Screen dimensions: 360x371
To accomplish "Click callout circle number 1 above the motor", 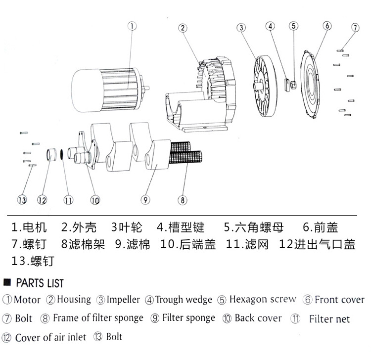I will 132,27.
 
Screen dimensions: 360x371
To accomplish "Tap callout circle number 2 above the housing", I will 183,28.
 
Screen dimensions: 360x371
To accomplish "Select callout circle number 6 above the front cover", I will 326,26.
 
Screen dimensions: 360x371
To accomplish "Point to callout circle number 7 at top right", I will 355,27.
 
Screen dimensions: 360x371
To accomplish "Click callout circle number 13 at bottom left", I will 21,200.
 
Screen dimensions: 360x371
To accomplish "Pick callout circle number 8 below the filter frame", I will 183,200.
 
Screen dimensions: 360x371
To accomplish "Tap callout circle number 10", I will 95,200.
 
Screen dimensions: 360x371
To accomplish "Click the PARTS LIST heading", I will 40,283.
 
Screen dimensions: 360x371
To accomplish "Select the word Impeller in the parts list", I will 123,300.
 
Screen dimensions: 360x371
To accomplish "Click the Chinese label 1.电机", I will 29,227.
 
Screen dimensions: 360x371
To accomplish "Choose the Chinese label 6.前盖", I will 320,227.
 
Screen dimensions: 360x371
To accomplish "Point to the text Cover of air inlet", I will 50,338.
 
